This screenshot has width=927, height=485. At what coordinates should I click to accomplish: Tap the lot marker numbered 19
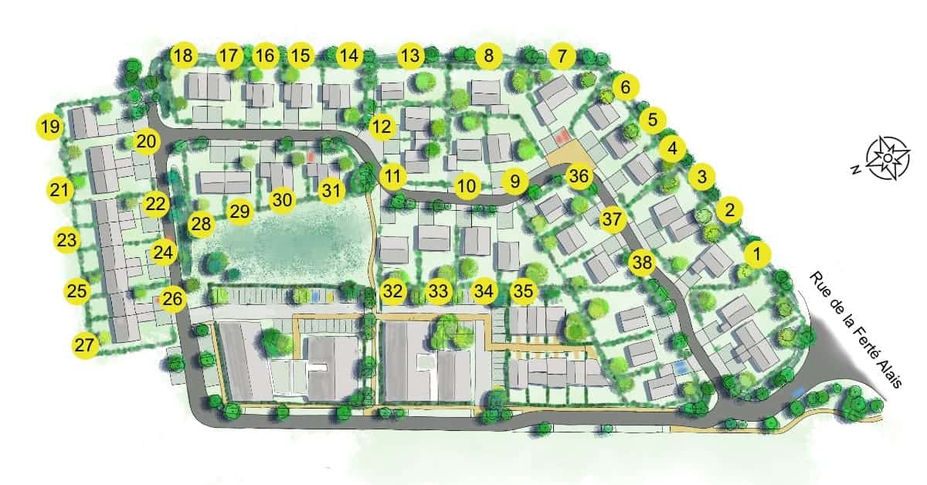[50, 127]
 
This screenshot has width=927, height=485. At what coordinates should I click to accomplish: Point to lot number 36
[579, 176]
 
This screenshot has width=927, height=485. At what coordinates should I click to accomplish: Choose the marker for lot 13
[412, 56]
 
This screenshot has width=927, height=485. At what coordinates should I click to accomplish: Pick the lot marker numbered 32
[393, 291]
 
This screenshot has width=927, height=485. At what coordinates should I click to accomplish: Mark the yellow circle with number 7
[562, 56]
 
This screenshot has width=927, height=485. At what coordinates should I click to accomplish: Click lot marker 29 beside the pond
[240, 210]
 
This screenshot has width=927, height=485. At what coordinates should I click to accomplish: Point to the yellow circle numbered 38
[642, 263]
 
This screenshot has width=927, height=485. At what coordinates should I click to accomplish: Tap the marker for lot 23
[67, 239]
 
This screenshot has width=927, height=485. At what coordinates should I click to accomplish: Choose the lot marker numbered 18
[183, 56]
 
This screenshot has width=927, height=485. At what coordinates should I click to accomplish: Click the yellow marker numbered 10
[465, 185]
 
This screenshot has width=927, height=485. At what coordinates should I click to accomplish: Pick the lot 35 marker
[524, 291]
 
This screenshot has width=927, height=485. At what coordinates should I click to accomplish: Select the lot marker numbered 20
[147, 141]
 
